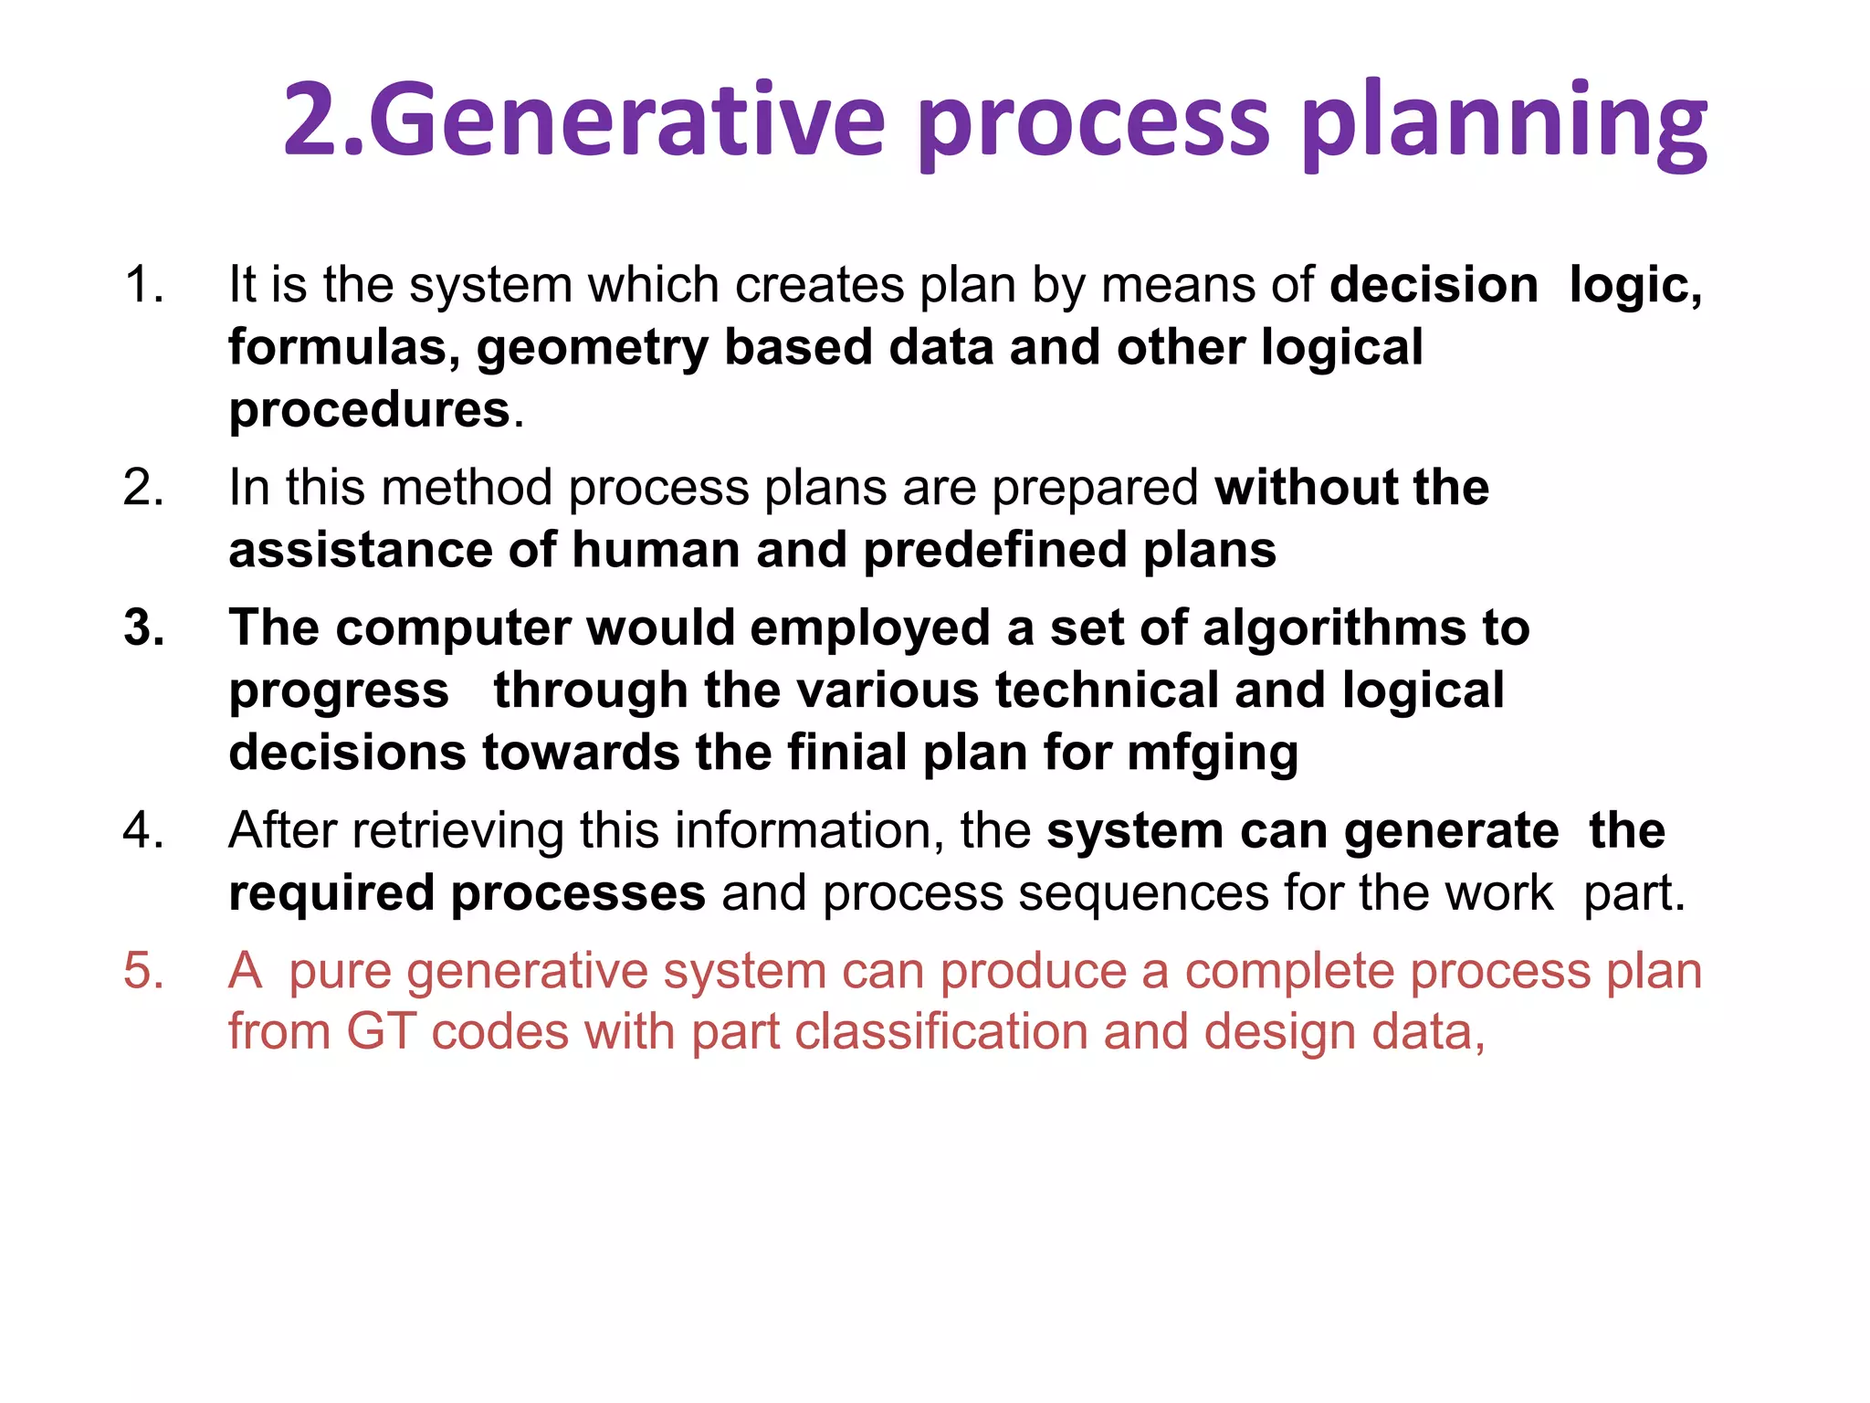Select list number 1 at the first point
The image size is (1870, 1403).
144,284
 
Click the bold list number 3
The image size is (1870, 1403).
144,628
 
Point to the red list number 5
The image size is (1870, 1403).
144,970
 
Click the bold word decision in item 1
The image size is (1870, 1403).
1434,284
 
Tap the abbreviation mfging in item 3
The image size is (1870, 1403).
1213,754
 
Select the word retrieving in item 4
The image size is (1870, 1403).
457,831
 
